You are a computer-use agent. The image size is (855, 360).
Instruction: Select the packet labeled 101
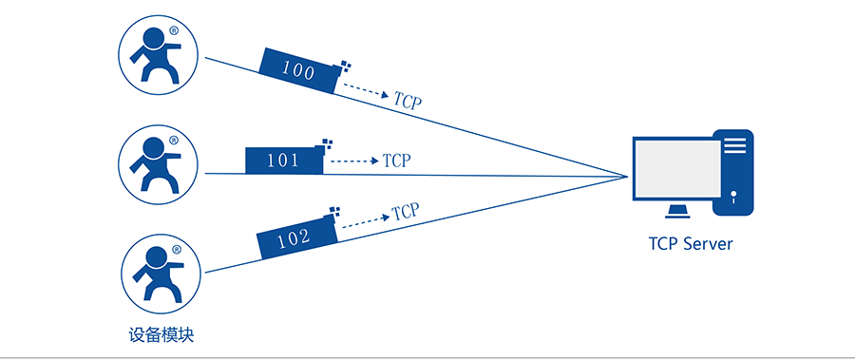click(284, 161)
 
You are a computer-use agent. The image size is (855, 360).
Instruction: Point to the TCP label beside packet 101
click(397, 161)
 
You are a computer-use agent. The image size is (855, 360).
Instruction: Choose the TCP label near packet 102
click(406, 211)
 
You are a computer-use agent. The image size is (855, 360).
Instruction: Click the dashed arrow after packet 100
click(365, 91)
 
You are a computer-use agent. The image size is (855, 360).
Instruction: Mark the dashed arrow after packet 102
click(363, 220)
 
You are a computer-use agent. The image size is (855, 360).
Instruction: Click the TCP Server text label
click(691, 244)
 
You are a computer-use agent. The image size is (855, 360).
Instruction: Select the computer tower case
click(735, 171)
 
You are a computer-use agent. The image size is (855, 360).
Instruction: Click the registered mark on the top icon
click(174, 31)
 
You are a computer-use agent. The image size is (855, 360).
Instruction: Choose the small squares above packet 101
click(329, 143)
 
